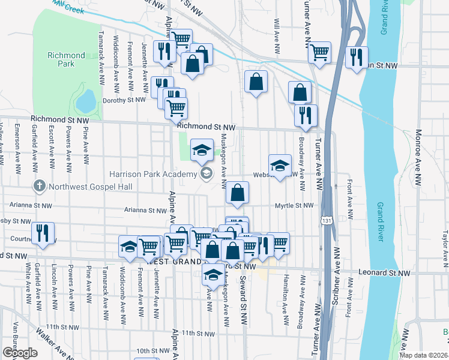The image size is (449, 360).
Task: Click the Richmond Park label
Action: (x=66, y=60)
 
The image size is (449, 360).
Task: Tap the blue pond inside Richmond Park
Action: (x=86, y=101)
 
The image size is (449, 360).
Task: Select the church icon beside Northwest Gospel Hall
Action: (x=40, y=186)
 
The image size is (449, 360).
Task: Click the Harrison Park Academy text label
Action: (x=153, y=174)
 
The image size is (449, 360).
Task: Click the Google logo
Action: (x=20, y=353)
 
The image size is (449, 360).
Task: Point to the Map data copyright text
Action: (x=424, y=355)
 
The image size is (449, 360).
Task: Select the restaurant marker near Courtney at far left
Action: (x=43, y=233)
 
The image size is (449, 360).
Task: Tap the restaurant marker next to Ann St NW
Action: (x=357, y=58)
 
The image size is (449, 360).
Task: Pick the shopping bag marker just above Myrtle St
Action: (x=238, y=193)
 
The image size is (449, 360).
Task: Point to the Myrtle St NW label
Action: (x=294, y=205)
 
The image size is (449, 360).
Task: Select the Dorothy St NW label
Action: (x=124, y=100)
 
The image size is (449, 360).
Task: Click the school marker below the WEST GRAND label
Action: (x=212, y=275)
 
